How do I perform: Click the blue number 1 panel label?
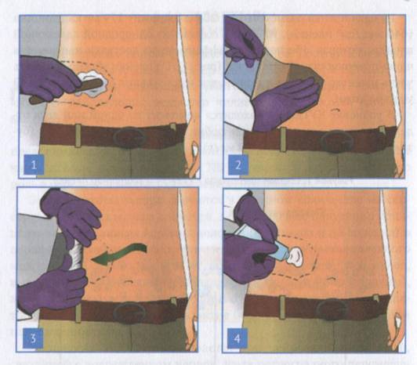click(34, 164)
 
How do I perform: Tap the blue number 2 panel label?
click(238, 164)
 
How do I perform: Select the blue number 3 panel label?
click(33, 338)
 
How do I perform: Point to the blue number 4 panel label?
click(238, 338)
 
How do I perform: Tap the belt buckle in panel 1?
click(129, 138)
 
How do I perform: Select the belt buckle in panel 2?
click(337, 141)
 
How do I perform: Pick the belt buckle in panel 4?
click(332, 309)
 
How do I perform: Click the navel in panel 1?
click(129, 107)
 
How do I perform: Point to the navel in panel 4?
click(331, 279)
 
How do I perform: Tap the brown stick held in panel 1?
click(66, 91)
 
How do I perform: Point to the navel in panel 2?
click(335, 110)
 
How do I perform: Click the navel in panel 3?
click(129, 281)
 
